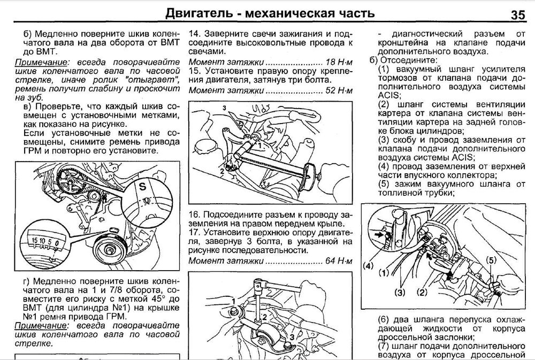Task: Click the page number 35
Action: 518,13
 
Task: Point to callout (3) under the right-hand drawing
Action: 400,292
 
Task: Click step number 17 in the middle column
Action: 195,233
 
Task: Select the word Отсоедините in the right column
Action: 410,61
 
